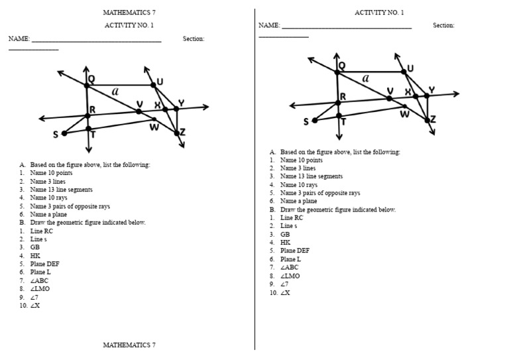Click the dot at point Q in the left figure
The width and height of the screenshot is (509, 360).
tap(86, 85)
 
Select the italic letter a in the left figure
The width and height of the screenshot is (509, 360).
tap(115, 91)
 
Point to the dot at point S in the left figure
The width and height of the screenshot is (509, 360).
tap(64, 133)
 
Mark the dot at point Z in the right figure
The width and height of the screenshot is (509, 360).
tap(427, 120)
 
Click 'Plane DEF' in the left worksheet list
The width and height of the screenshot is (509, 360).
tap(44, 264)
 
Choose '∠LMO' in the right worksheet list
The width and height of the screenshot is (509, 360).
tap(290, 276)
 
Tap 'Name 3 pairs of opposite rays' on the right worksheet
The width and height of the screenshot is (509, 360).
tap(320, 193)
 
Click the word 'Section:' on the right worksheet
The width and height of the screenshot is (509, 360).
tap(443, 25)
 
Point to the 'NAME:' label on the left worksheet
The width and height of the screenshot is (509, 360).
tap(19, 39)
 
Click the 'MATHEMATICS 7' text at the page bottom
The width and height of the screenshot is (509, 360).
tap(129, 345)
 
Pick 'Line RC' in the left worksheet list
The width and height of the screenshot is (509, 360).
tap(41, 231)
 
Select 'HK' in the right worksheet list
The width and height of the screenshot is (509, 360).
tap(286, 243)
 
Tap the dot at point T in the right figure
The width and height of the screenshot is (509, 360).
tap(339, 115)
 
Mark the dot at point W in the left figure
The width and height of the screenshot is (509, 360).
tap(154, 119)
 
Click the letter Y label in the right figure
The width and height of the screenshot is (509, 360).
tap(431, 90)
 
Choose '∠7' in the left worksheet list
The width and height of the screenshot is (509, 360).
tap(34, 297)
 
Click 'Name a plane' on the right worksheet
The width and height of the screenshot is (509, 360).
tap(298, 201)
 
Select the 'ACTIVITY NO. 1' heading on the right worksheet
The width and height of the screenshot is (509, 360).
tap(379, 13)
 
